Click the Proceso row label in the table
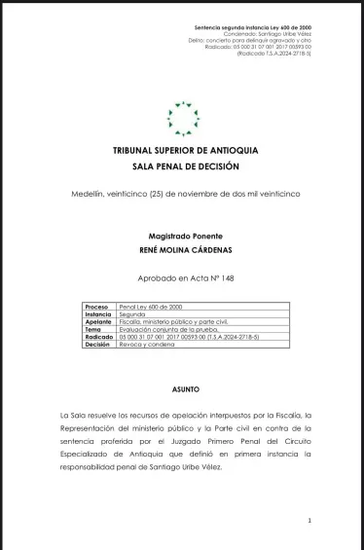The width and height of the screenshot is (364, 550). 97,307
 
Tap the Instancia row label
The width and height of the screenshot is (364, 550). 98,314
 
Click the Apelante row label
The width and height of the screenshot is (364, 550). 98,322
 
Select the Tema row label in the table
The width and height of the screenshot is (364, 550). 93,329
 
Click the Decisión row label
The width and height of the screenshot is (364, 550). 98,344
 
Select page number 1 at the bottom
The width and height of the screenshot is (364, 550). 309,521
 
